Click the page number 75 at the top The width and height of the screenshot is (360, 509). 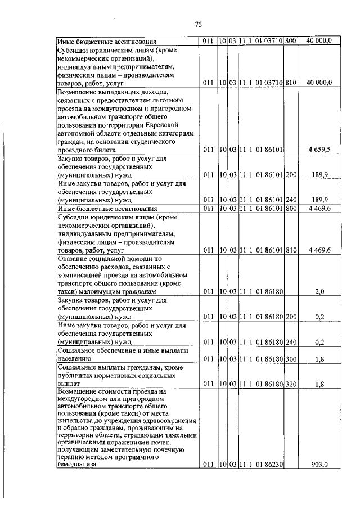[198, 24]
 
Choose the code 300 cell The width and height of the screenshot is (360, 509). [291, 358]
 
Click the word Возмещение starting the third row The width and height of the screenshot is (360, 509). [78, 91]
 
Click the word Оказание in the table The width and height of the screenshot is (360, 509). [74, 258]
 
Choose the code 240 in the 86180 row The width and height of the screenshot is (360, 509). [291, 341]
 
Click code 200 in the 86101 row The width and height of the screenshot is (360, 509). [291, 175]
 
